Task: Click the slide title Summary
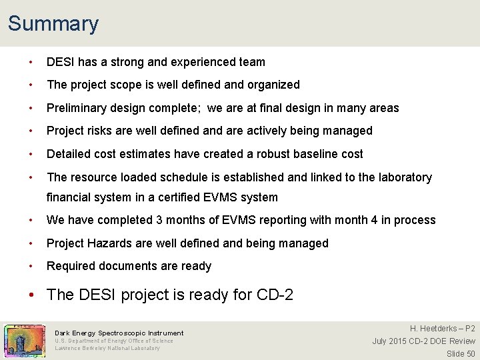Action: tap(53, 24)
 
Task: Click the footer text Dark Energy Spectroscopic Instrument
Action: tap(119, 333)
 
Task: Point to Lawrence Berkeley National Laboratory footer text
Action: tap(107, 348)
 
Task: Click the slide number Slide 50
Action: tap(461, 353)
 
